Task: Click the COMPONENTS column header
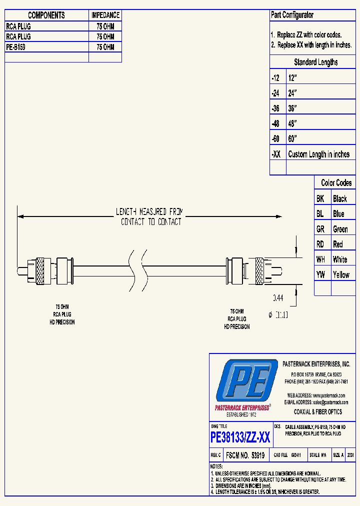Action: (46, 15)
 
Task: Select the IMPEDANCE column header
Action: (105, 15)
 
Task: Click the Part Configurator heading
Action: (292, 15)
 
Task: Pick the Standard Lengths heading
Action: (315, 62)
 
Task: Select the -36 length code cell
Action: (276, 108)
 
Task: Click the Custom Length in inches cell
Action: (318, 154)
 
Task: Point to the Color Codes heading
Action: (336, 183)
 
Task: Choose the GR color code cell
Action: (320, 229)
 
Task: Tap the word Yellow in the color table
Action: (341, 274)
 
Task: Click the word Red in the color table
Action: (338, 244)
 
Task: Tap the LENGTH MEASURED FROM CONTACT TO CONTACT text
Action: (150, 216)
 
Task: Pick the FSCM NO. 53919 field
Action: (245, 455)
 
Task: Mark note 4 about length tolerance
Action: (265, 492)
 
